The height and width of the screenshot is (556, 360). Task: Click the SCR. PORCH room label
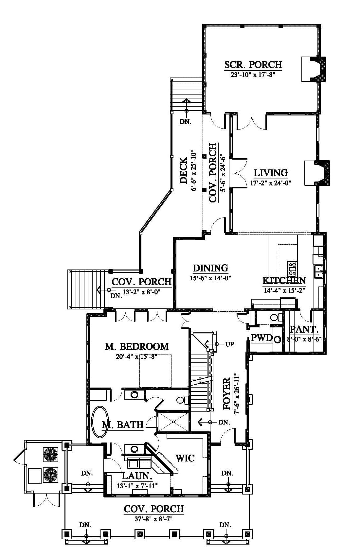tap(253, 64)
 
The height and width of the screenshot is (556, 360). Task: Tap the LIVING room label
tap(271, 173)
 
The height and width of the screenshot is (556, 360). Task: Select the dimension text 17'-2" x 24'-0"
tap(271, 183)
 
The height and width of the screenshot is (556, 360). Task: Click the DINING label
tap(210, 268)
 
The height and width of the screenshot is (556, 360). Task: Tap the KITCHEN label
tap(284, 281)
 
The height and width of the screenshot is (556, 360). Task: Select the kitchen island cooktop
tap(292, 268)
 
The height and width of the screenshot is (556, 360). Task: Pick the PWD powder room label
tap(262, 338)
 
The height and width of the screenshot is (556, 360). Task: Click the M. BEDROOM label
tap(137, 346)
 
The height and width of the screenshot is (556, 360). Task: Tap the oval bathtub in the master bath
tap(100, 422)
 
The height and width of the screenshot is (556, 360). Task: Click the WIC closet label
tap(185, 458)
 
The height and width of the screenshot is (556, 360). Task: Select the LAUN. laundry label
tap(137, 476)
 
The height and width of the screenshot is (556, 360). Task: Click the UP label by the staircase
tap(229, 344)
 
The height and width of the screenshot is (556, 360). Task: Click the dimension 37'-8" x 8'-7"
tap(153, 519)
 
